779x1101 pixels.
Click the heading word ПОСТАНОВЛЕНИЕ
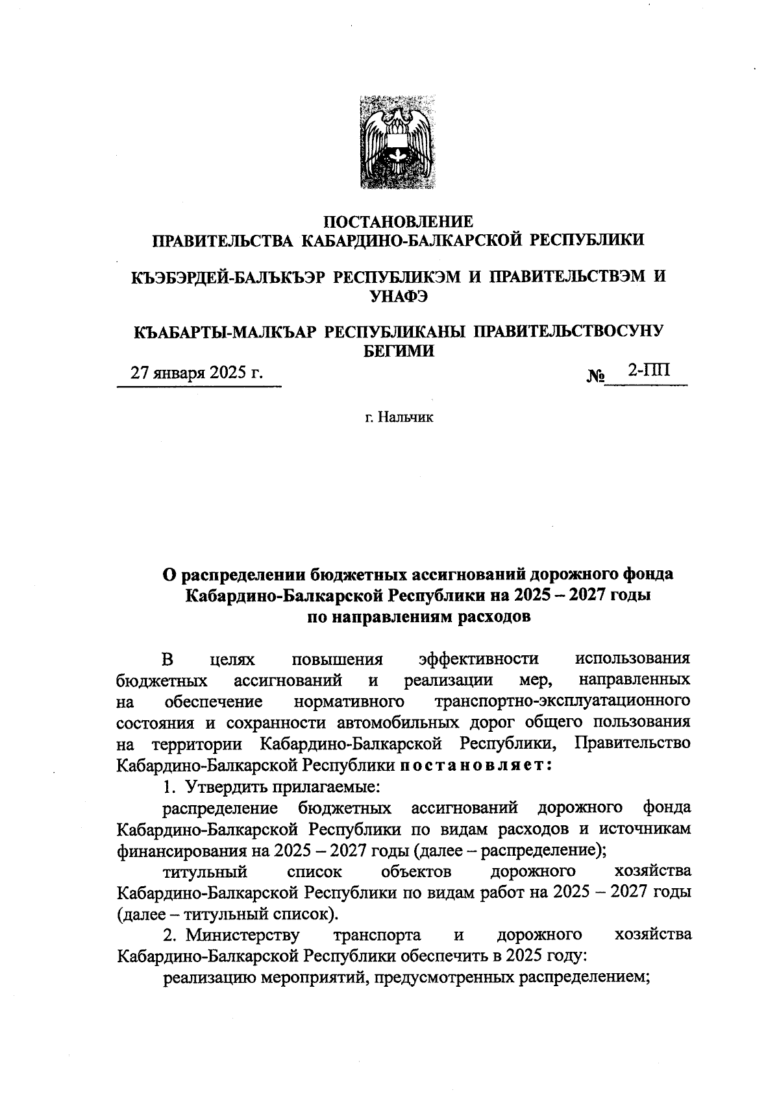point(399,222)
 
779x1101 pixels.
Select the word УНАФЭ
point(399,296)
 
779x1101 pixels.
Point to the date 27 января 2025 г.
point(197,374)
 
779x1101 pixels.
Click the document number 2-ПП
point(648,370)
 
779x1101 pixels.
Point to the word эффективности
point(479,659)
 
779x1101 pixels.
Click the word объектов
point(416,871)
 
